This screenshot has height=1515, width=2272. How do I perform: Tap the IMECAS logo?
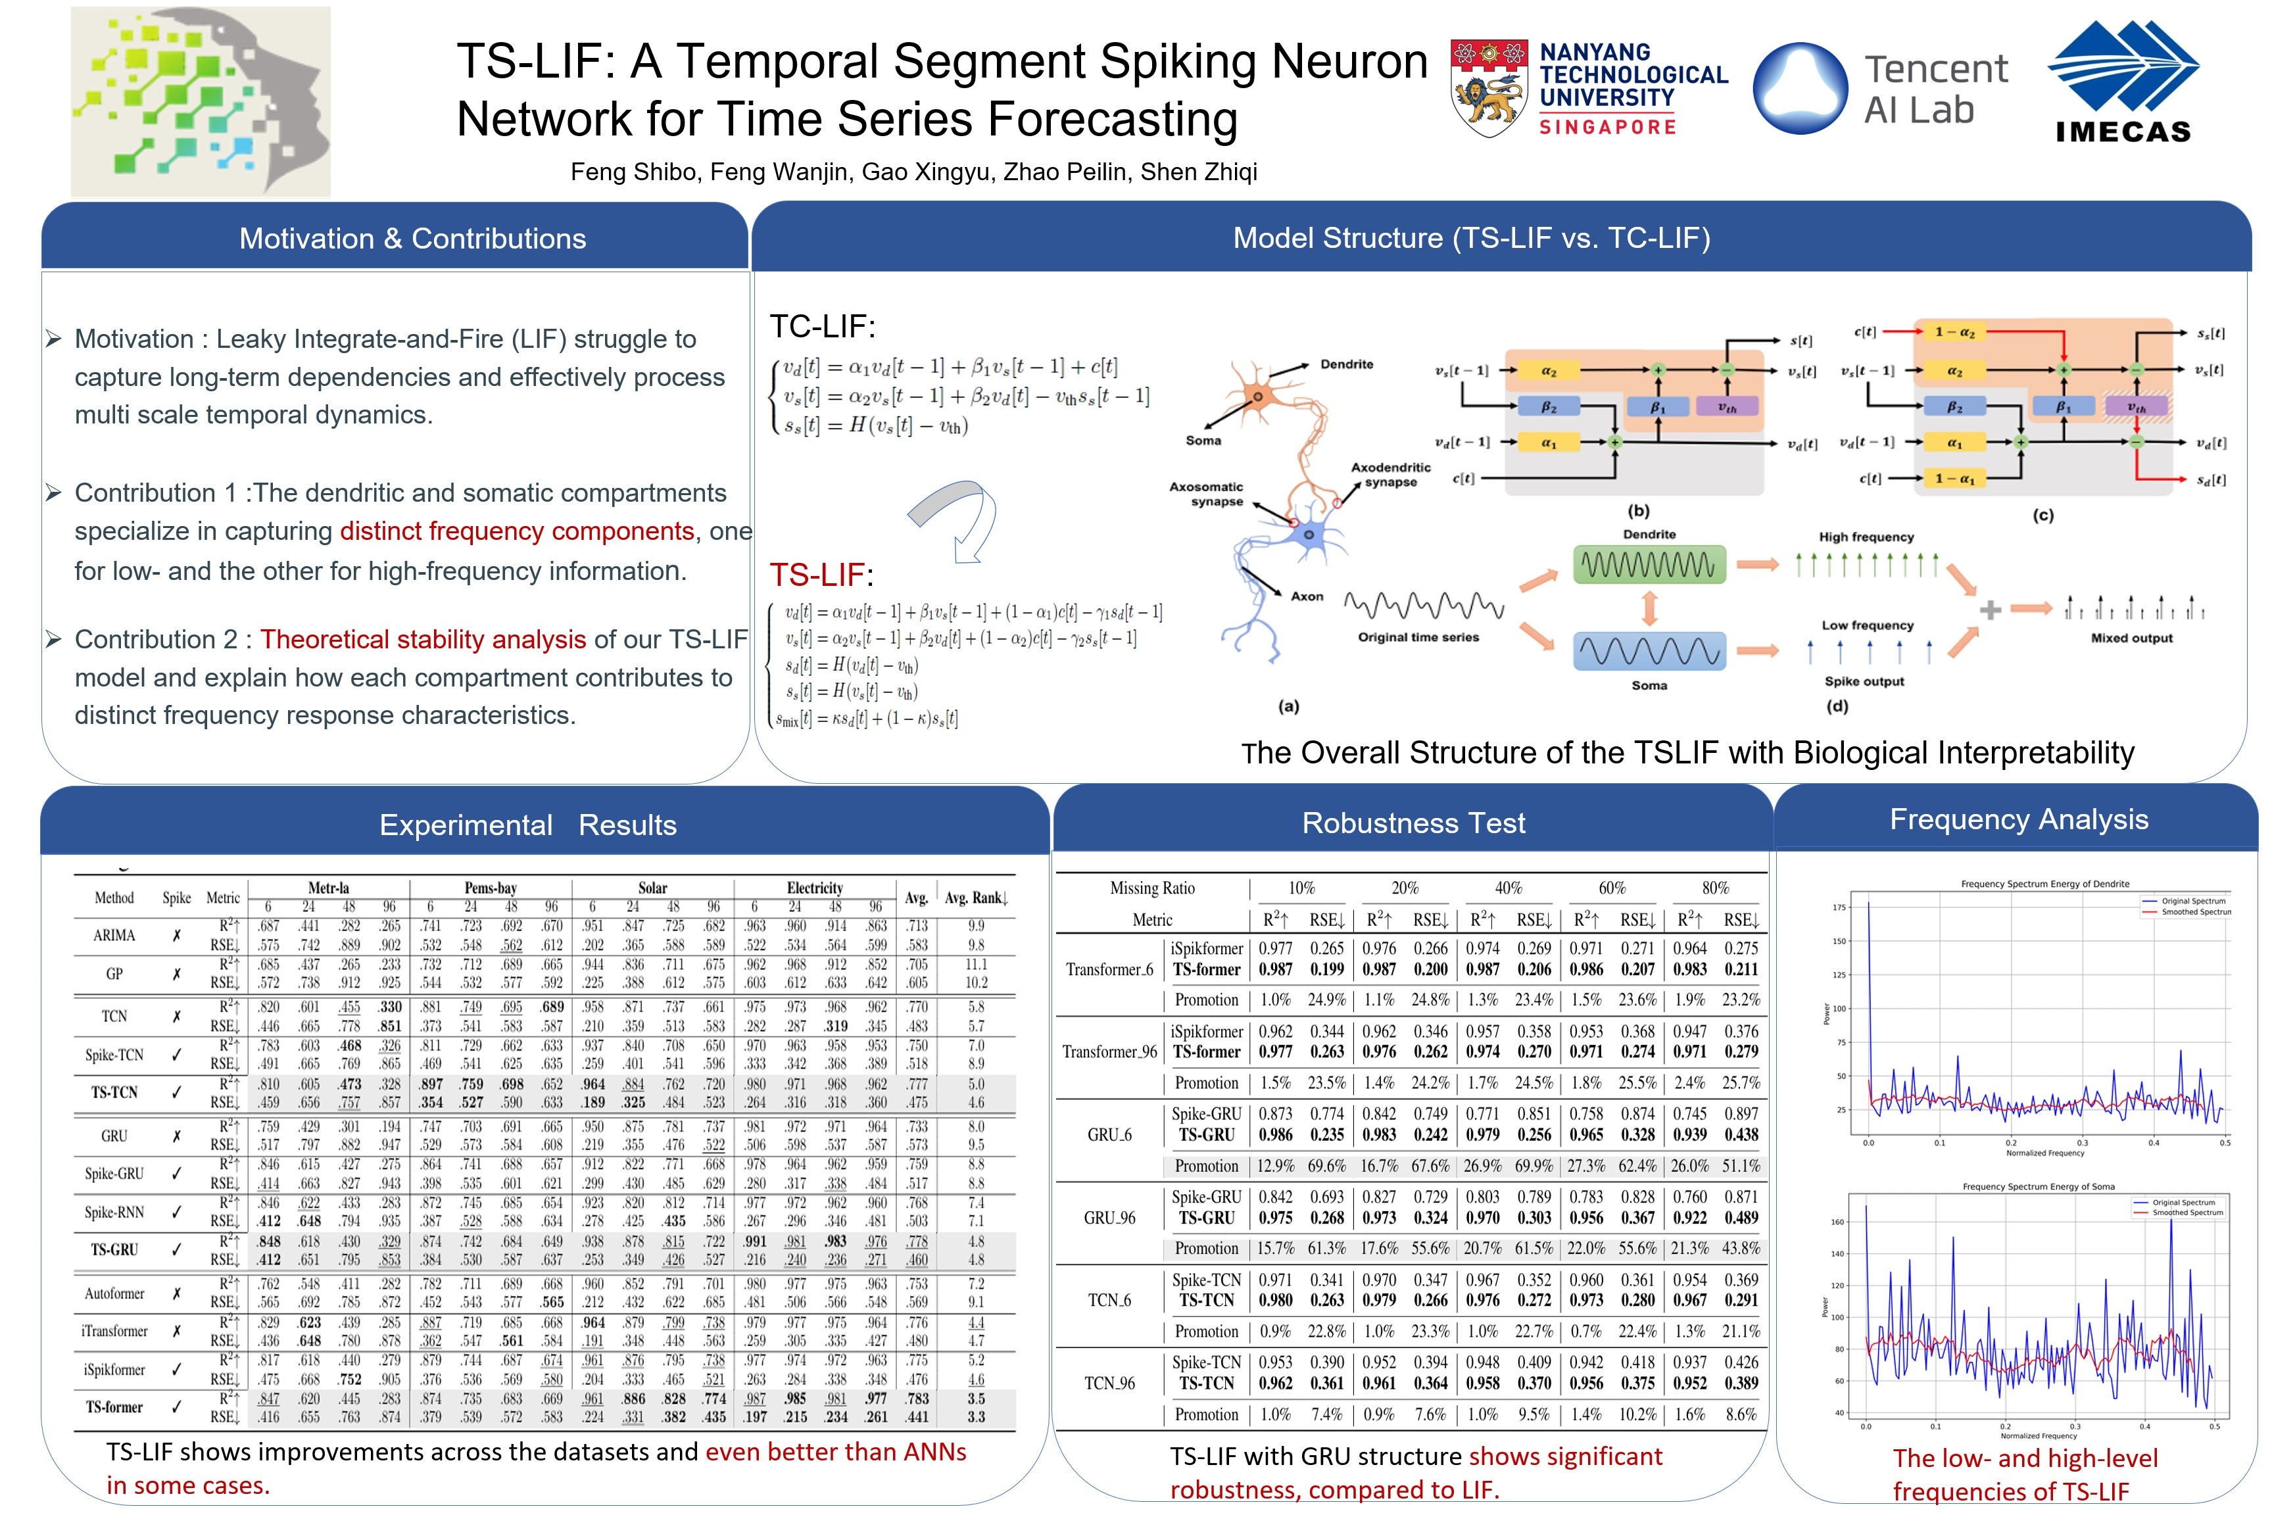tap(2123, 84)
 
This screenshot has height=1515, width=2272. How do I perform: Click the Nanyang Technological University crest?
tap(1489, 88)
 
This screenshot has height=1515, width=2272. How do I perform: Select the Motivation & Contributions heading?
tap(412, 239)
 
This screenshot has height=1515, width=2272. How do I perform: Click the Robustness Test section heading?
tap(1413, 823)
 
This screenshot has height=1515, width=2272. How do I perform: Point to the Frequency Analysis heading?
tap(2019, 819)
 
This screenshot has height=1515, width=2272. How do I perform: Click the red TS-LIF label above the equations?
tap(816, 575)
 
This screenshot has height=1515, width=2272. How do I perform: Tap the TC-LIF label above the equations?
tap(822, 327)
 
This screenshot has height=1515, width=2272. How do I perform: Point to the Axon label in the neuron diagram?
tap(1307, 597)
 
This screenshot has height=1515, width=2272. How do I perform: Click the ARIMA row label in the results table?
tap(114, 935)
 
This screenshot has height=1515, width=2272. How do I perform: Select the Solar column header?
tap(652, 888)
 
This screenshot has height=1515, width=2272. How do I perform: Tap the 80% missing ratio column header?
tap(1716, 888)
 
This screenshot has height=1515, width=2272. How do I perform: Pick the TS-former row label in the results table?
tap(114, 1407)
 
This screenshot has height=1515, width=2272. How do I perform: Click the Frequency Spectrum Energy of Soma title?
tap(2039, 1186)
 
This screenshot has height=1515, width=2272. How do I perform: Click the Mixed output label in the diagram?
tap(2131, 638)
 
